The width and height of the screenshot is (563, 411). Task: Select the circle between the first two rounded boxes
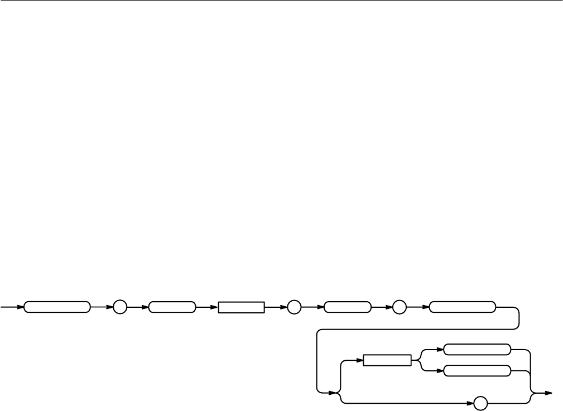tap(120, 307)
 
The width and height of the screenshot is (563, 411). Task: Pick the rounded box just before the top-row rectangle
tap(172, 307)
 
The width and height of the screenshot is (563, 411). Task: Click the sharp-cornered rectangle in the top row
tap(241, 307)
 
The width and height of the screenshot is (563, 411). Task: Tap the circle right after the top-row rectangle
tap(293, 307)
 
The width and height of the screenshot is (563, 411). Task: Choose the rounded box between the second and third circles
tap(347, 307)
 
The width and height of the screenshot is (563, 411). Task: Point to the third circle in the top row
tap(400, 307)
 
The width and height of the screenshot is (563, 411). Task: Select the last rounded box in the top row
tap(463, 307)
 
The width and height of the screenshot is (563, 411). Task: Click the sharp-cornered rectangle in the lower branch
tap(387, 361)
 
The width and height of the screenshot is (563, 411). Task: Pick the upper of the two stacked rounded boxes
tap(477, 350)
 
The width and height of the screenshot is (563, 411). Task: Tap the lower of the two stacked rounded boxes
tap(477, 371)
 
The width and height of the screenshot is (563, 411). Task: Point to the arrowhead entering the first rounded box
tap(21, 307)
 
